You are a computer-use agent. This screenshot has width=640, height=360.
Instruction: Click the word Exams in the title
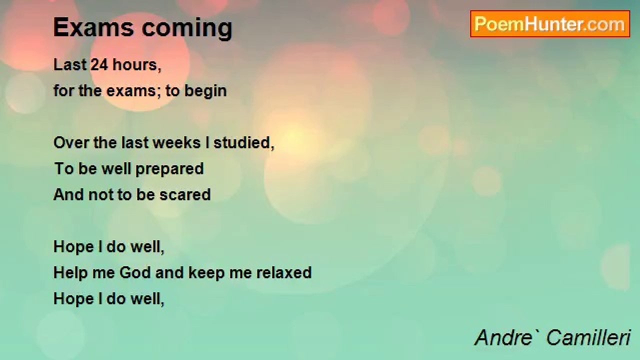point(93,27)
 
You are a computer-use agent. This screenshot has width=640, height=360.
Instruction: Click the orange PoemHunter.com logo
point(550,24)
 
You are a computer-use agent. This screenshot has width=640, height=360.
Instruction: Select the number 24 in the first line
point(99,64)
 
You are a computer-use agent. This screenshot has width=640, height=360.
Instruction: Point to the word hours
point(137,65)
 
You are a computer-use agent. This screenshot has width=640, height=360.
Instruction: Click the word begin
point(205,91)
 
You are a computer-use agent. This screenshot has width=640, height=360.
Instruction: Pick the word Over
point(71,142)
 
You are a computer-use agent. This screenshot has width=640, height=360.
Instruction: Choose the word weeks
point(177,142)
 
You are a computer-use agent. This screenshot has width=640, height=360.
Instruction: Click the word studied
point(243,143)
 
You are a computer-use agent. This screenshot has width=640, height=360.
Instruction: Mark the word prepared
point(169,169)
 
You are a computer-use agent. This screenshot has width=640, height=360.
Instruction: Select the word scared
point(185,194)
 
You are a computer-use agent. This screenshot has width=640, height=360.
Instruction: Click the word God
point(135,272)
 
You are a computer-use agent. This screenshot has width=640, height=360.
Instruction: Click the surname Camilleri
point(588,337)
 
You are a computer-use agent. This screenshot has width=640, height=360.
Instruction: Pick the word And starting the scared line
point(68,194)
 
